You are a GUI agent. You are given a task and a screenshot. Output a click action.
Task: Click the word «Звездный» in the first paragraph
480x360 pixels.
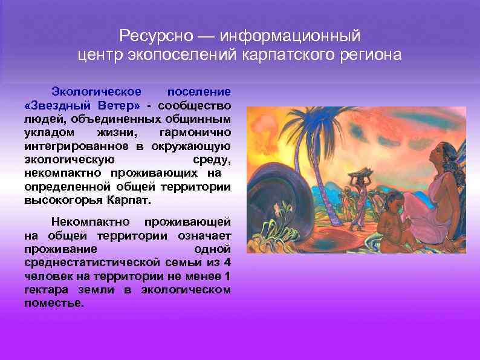pyautogui.click(x=54, y=105)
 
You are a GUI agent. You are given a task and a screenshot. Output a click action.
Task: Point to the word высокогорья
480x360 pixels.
pyautogui.click(x=63, y=200)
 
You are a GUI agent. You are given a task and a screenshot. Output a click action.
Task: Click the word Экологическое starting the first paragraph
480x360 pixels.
pyautogui.click(x=96, y=91)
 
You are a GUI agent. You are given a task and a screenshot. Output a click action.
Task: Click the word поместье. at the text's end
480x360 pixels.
pyautogui.click(x=54, y=303)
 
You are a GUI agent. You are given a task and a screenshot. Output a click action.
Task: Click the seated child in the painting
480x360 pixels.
pyautogui.click(x=394, y=221)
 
